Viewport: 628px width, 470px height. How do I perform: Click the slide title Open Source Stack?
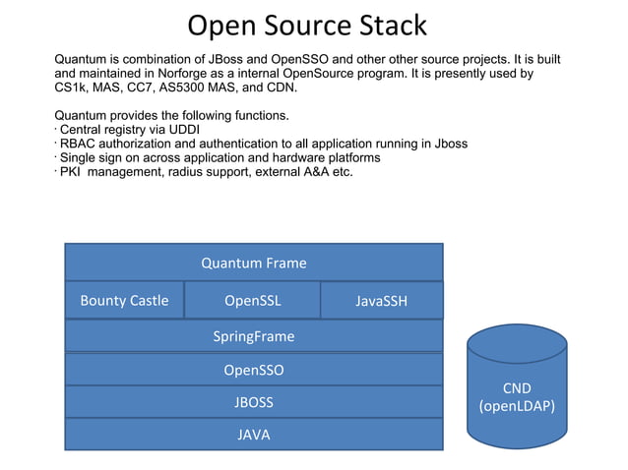(x=307, y=26)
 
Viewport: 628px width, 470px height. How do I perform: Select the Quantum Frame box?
(x=253, y=263)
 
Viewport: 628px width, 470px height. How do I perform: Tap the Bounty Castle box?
(x=124, y=300)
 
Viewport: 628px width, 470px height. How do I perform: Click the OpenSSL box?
(x=252, y=300)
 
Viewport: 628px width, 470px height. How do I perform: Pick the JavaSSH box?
(x=381, y=301)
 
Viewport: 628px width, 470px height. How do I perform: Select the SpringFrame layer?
(x=253, y=336)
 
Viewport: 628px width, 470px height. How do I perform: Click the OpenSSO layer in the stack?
(x=253, y=370)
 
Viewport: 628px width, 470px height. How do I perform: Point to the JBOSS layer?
(x=253, y=402)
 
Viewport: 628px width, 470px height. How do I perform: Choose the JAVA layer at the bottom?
(x=253, y=434)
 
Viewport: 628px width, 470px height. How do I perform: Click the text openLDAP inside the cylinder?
(x=518, y=405)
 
